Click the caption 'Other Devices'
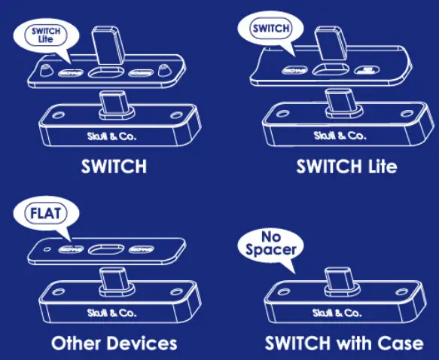pos(114,343)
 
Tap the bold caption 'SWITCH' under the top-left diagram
pos(114,166)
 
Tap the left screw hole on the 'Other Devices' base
pos(51,292)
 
